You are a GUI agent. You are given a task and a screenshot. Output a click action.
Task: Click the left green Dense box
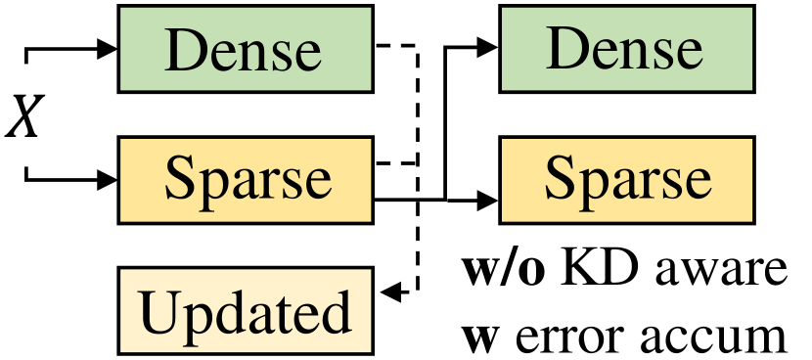(x=244, y=48)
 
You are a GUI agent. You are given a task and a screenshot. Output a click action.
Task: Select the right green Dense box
(x=626, y=48)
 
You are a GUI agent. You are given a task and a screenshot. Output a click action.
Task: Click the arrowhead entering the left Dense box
(x=107, y=48)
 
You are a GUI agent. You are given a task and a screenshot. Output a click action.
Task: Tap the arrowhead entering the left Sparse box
(x=107, y=179)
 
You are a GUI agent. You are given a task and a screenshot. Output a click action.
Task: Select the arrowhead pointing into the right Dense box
(x=488, y=48)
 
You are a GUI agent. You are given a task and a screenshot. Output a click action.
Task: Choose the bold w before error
(x=477, y=337)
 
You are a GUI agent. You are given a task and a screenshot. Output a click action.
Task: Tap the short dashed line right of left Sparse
(x=396, y=162)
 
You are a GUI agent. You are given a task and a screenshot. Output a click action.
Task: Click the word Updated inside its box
(x=246, y=312)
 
